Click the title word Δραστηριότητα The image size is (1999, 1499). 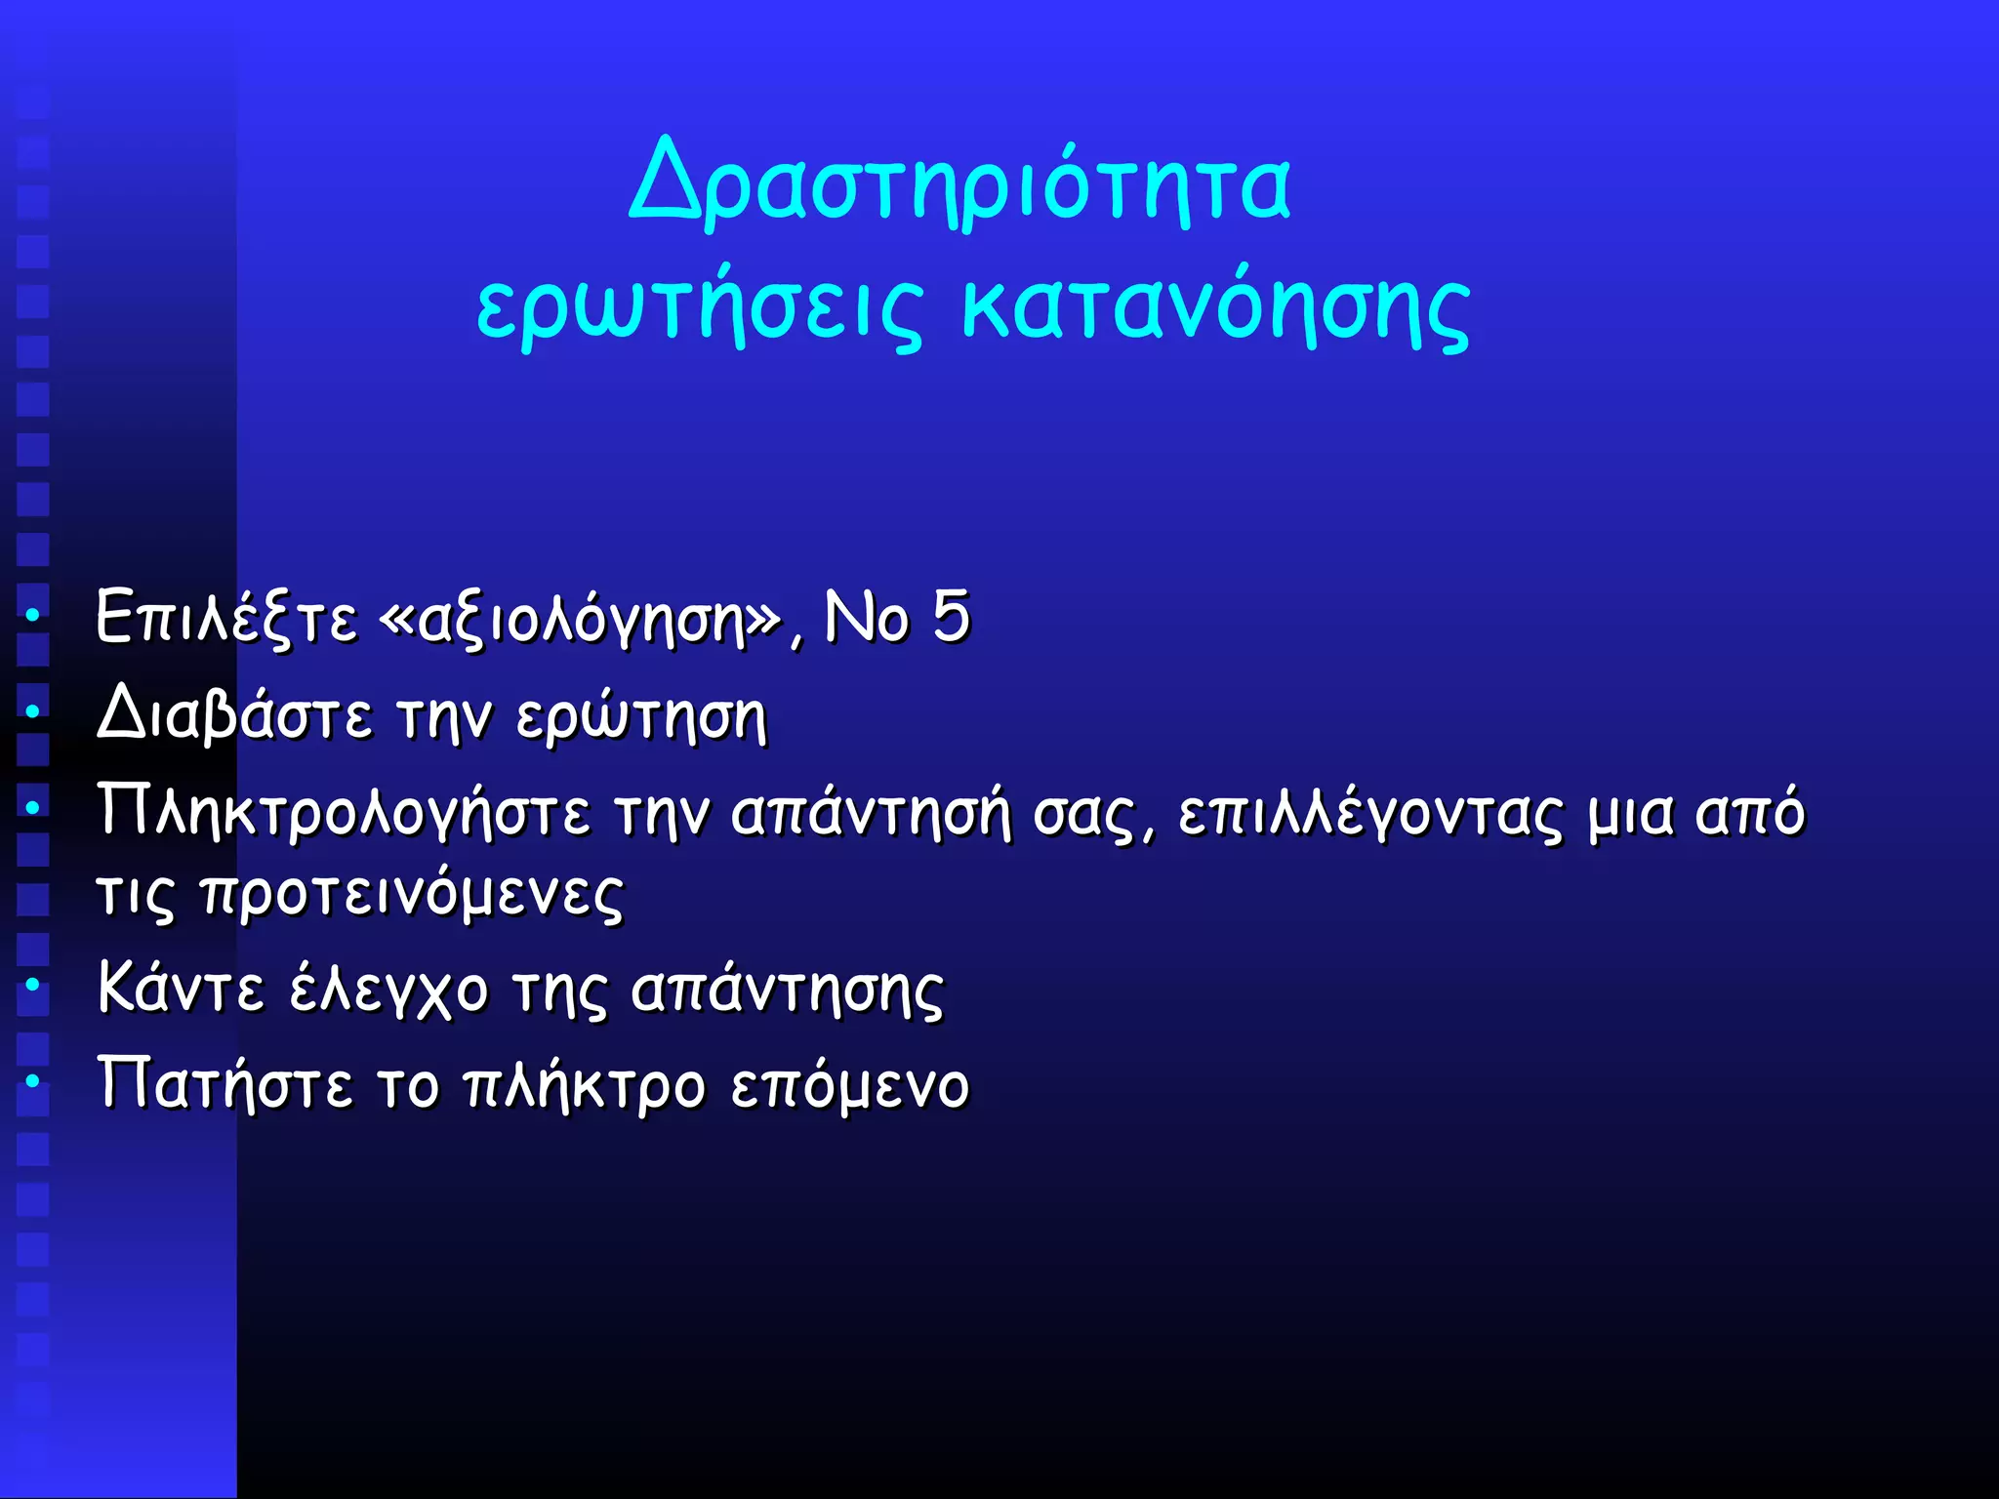pos(960,185)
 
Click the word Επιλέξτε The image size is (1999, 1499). pos(226,619)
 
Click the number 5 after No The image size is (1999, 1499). pos(950,617)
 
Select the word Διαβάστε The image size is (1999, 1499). pos(234,715)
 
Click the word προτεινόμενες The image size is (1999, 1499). pos(411,894)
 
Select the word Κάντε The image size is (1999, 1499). pos(181,989)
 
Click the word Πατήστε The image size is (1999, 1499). pos(224,1084)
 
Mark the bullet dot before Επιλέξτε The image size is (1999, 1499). pos(32,616)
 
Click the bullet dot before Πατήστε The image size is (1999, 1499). pos(32,1080)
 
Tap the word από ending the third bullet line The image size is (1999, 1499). pos(1750,812)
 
